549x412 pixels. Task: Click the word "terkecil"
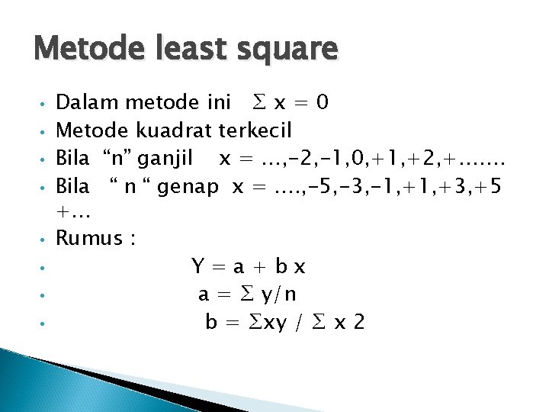(256, 130)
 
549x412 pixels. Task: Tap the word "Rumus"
(91, 239)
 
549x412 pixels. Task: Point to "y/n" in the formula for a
(278, 295)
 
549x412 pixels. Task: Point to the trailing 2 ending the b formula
(358, 323)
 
